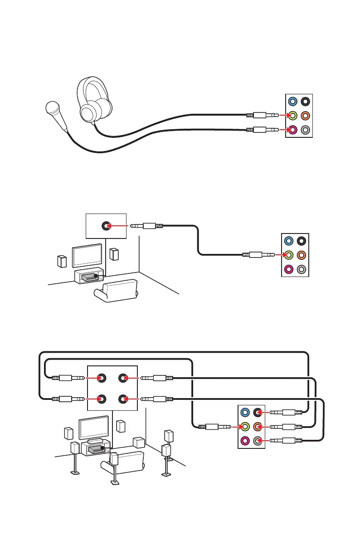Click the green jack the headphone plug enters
[x=293, y=116]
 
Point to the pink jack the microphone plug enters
[x=293, y=130]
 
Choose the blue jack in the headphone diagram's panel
[x=293, y=102]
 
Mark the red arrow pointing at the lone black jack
[x=119, y=225]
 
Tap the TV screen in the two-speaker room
[x=87, y=257]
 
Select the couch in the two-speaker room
[x=116, y=291]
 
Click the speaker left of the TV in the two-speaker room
[x=63, y=262]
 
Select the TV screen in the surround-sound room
[x=93, y=427]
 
